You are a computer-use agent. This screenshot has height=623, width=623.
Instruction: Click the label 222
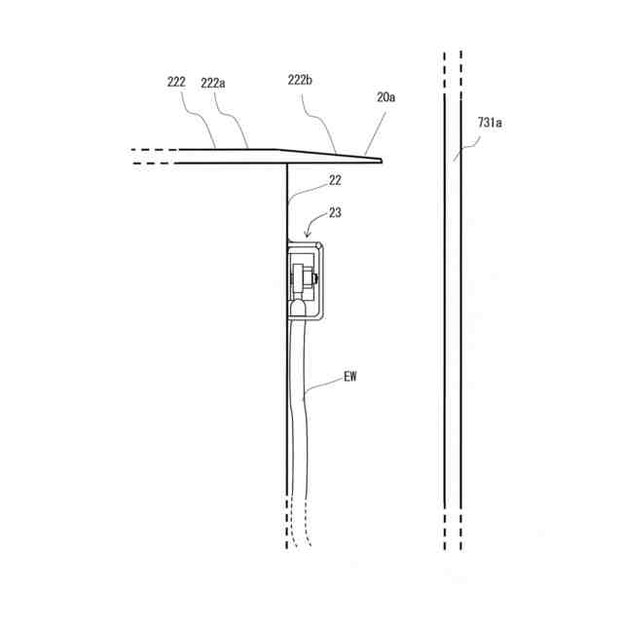point(176,84)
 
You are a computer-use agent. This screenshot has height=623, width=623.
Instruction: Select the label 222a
point(213,84)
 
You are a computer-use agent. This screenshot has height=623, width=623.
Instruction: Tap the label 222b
point(301,83)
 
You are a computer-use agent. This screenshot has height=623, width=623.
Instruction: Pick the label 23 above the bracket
point(335,212)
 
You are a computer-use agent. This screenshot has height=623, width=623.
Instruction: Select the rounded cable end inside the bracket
point(297,310)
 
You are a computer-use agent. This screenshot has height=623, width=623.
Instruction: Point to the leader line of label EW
point(326,386)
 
